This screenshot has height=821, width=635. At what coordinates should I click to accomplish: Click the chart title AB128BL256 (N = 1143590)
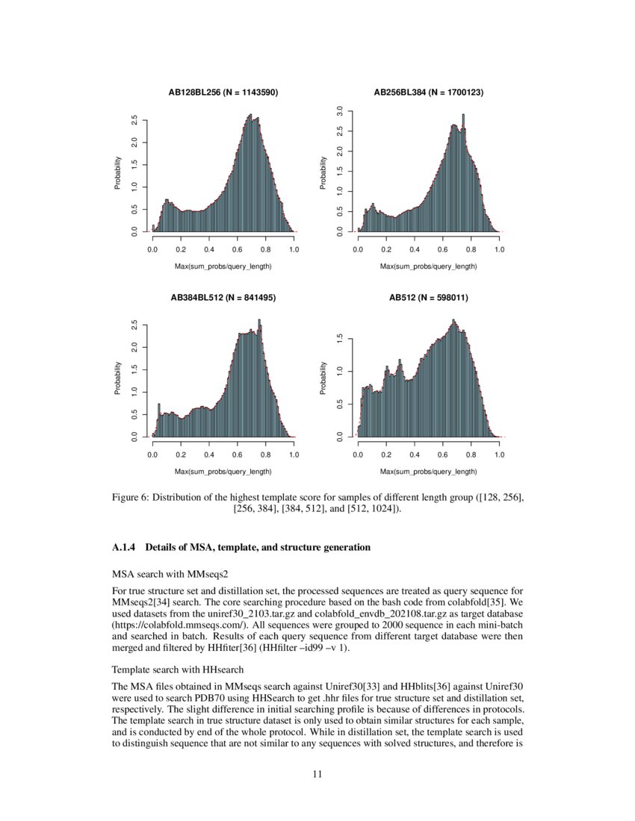click(x=223, y=93)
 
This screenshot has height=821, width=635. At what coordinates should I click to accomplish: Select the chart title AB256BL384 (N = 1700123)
click(x=428, y=93)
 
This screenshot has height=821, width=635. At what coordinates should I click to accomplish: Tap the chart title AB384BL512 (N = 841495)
click(x=223, y=297)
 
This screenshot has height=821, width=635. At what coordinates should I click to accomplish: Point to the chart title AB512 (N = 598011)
click(x=428, y=297)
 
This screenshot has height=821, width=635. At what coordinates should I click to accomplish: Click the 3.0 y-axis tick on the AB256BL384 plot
click(x=340, y=111)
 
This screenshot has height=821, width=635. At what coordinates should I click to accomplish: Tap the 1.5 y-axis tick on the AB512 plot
click(x=340, y=338)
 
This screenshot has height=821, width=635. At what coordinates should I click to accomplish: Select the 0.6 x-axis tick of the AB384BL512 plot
click(x=237, y=453)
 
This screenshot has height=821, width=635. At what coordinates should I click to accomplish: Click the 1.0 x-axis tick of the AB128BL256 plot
click(x=294, y=249)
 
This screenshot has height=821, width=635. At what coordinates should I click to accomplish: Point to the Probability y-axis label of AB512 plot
click(x=324, y=378)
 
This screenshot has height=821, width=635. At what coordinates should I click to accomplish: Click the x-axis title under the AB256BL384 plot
click(x=428, y=266)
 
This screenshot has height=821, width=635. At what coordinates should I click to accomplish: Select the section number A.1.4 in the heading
click(x=126, y=548)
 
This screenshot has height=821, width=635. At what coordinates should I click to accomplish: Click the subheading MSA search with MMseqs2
click(x=158, y=574)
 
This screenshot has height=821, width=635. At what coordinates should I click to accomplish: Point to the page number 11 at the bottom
click(x=317, y=774)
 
